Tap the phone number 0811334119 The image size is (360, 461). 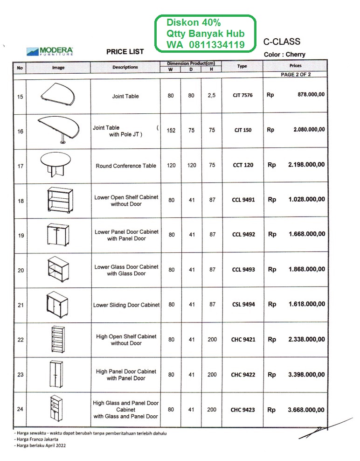pyautogui.click(x=217, y=45)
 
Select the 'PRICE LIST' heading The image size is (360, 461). pyautogui.click(x=125, y=52)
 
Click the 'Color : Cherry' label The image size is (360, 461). pyautogui.click(x=284, y=55)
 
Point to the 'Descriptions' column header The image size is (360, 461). pyautogui.click(x=125, y=67)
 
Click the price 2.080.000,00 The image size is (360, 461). pyautogui.click(x=309, y=130)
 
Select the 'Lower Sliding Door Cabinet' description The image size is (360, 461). pyautogui.click(x=126, y=305)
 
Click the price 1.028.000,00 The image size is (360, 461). pyautogui.click(x=306, y=200)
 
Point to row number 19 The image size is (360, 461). pyautogui.click(x=21, y=236)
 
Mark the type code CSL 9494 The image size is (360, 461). pyautogui.click(x=243, y=305)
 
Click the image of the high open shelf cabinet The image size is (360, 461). pyautogui.click(x=55, y=339)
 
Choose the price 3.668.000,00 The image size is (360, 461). pyautogui.click(x=306, y=410)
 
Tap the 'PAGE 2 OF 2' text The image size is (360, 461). pyautogui.click(x=296, y=74)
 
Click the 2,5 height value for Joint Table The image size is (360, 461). pyautogui.click(x=212, y=96)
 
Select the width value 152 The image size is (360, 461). pyautogui.click(x=171, y=131)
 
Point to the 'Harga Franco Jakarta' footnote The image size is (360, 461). pyautogui.click(x=32, y=439)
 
